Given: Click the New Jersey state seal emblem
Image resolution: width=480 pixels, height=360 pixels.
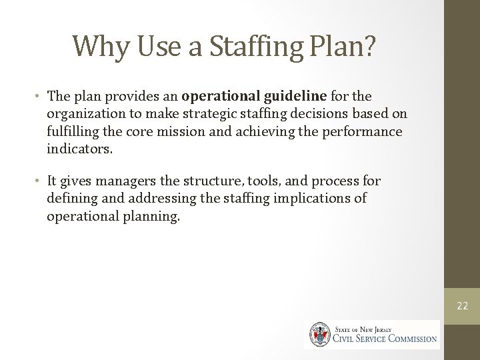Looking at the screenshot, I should click(317, 334).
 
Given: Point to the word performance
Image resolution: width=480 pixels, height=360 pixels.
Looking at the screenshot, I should click(363, 131).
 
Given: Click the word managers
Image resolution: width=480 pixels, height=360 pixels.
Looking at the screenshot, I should click(115, 181).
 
